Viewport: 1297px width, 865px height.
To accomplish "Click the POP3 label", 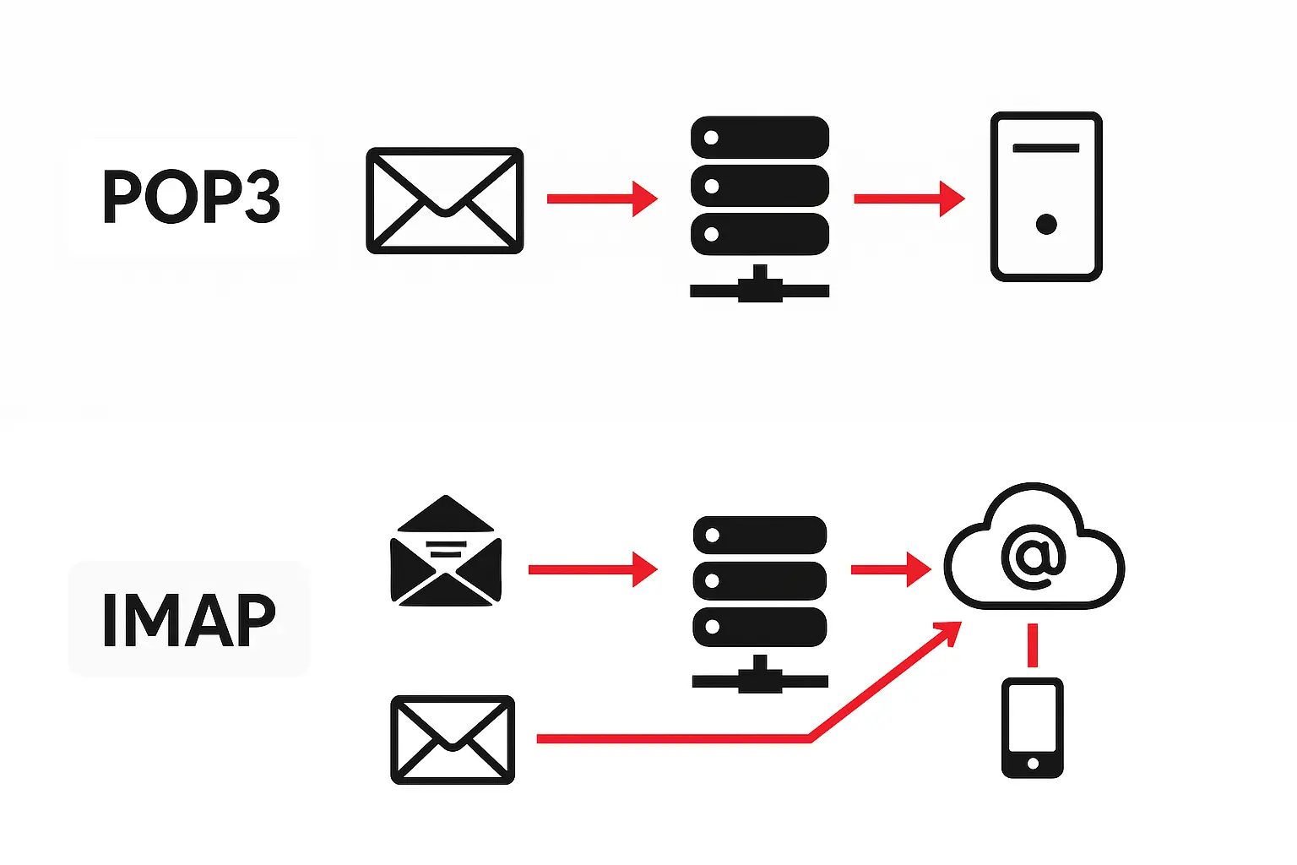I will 191,196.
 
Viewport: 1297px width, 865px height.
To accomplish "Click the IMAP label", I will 189,619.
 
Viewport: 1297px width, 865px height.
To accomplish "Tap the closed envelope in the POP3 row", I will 445,200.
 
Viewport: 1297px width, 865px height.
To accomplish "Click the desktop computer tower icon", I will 1046,196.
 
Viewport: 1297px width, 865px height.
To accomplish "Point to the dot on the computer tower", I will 1046,224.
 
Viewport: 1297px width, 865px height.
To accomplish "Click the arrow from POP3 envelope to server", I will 601,199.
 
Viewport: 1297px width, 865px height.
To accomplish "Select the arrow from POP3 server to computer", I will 909,199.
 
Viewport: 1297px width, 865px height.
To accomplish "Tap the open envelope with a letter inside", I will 446,552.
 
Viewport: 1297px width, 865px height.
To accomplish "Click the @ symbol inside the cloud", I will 1033,555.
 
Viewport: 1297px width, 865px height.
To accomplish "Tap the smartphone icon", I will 1032,727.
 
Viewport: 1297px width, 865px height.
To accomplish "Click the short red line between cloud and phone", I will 1032,645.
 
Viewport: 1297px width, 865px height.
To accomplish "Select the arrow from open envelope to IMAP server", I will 591,569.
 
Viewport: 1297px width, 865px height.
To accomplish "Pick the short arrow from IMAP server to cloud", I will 890,569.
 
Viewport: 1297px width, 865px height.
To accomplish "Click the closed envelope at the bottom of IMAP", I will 453,740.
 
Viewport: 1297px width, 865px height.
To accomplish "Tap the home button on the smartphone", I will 1032,764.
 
